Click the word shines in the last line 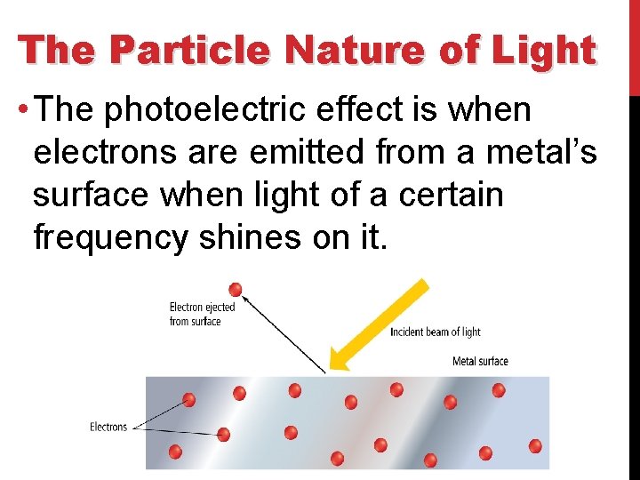(x=261, y=237)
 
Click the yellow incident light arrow (x=380, y=325)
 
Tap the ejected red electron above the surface (x=235, y=289)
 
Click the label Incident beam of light (x=436, y=332)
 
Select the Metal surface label (x=480, y=361)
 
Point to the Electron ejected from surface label (x=202, y=314)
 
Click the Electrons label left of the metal (x=108, y=428)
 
